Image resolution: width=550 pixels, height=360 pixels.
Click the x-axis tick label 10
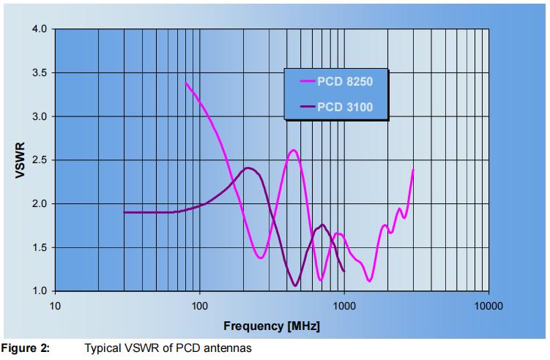[55, 306]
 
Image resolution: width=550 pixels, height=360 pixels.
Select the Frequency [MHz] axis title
[272, 324]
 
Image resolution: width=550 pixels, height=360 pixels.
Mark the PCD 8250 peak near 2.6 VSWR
[294, 150]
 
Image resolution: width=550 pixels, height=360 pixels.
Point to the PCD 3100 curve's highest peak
[249, 168]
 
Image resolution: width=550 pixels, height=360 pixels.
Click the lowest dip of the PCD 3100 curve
[295, 285]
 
